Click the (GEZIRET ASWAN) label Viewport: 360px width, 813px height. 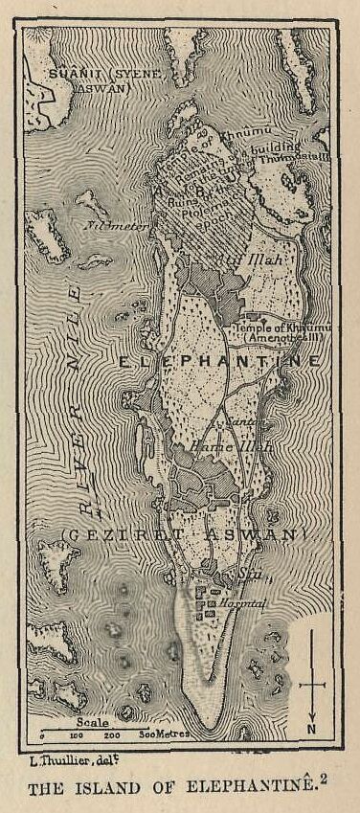182,532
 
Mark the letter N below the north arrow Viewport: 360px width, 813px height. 312,728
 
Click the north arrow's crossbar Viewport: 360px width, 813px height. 312,685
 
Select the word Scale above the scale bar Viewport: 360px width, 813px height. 67,724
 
